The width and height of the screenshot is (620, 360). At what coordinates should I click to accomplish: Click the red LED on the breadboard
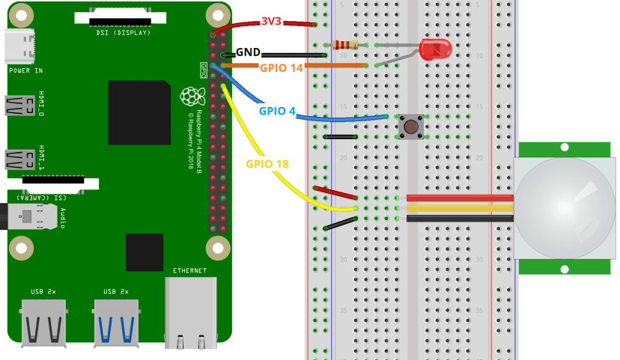(x=435, y=50)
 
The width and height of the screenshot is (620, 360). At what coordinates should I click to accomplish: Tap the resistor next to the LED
(x=345, y=45)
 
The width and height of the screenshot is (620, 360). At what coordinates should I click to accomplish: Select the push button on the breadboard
(x=410, y=126)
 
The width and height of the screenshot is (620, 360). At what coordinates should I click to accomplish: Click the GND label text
(x=249, y=53)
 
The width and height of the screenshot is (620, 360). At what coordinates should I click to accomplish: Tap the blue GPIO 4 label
(x=276, y=112)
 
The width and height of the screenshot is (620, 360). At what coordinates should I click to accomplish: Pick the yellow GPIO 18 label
(x=267, y=163)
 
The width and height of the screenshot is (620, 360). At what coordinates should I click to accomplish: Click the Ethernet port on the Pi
(x=190, y=311)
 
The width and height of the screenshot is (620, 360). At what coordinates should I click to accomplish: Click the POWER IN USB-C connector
(x=18, y=46)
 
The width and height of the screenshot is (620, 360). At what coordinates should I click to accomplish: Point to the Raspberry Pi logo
(x=192, y=97)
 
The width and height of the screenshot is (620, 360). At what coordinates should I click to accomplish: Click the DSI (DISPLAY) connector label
(x=124, y=33)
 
